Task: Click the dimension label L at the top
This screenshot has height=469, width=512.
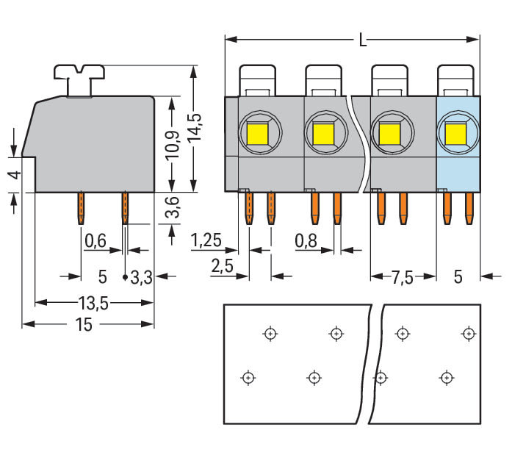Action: tap(362, 41)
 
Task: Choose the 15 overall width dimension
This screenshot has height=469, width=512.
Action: tap(83, 324)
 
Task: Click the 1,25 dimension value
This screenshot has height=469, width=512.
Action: tap(206, 240)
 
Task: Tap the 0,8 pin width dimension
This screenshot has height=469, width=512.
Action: tap(306, 240)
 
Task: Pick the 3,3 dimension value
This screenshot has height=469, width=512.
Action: tap(141, 277)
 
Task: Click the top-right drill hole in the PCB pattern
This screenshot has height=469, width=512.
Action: tap(467, 334)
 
